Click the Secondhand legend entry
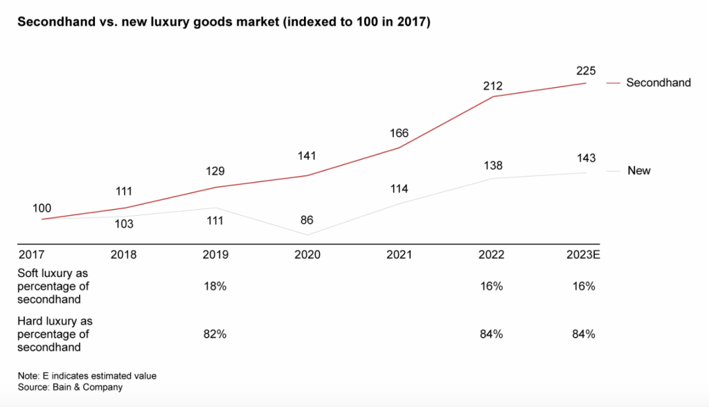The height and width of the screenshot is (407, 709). [658, 83]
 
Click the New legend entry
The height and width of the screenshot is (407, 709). [638, 170]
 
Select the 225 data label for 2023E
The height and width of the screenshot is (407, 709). [585, 71]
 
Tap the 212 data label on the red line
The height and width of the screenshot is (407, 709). [492, 86]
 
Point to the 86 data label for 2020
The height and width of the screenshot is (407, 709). [307, 221]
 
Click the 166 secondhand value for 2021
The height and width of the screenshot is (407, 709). [399, 133]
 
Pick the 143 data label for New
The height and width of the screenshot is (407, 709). [585, 159]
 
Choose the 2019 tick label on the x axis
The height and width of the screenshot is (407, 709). [215, 255]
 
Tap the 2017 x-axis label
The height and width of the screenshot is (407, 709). [31, 255]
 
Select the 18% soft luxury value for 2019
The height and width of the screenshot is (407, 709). [215, 287]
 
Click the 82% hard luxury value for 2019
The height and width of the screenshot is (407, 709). [215, 335]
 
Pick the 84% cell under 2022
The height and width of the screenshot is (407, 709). [492, 335]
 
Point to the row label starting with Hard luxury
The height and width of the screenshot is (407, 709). [55, 334]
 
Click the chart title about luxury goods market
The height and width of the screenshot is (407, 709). [224, 22]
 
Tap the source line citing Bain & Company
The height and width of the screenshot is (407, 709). [70, 387]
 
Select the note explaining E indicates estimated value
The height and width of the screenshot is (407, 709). [87, 376]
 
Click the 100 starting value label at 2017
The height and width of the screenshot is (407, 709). [42, 208]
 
